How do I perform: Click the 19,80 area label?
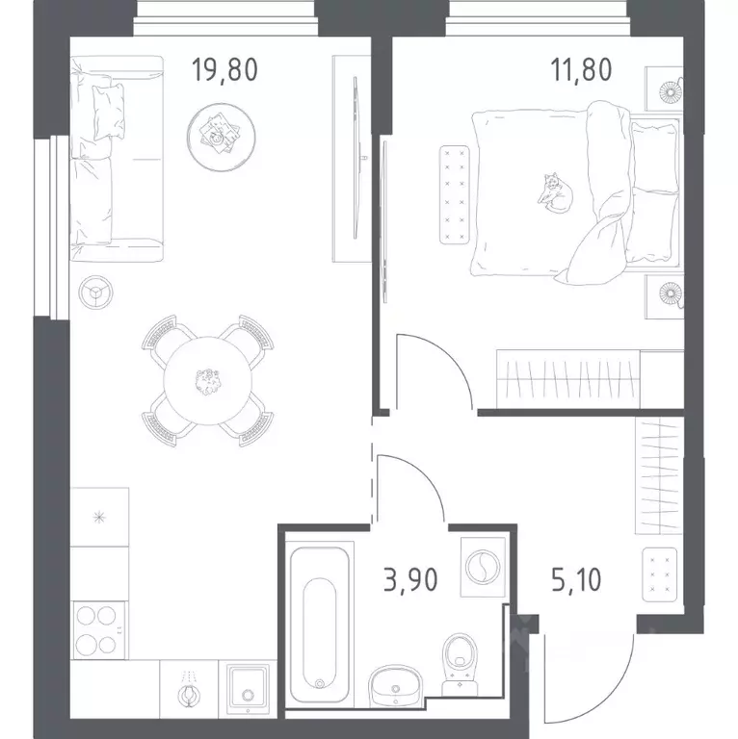coord(224,69)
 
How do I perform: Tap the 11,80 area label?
coord(581,69)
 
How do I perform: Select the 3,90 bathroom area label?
coord(410,579)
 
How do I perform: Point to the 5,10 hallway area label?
coord(576,579)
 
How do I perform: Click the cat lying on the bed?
coord(555,192)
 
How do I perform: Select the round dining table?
coord(207,380)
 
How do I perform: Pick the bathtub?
coord(320,624)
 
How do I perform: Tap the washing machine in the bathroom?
coord(483,567)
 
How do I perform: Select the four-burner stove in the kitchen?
coord(97,629)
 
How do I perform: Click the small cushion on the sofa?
coord(108,113)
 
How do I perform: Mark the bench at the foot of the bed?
coord(454,194)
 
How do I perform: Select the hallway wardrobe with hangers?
coord(659,475)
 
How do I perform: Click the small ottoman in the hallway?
coord(659,574)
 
